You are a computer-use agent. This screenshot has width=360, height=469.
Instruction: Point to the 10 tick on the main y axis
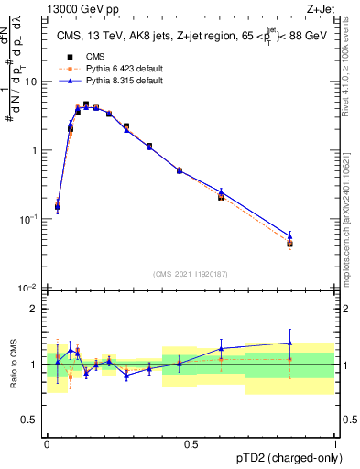(x=32, y=82)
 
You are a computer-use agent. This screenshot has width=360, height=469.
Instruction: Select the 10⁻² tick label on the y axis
(x=28, y=289)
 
